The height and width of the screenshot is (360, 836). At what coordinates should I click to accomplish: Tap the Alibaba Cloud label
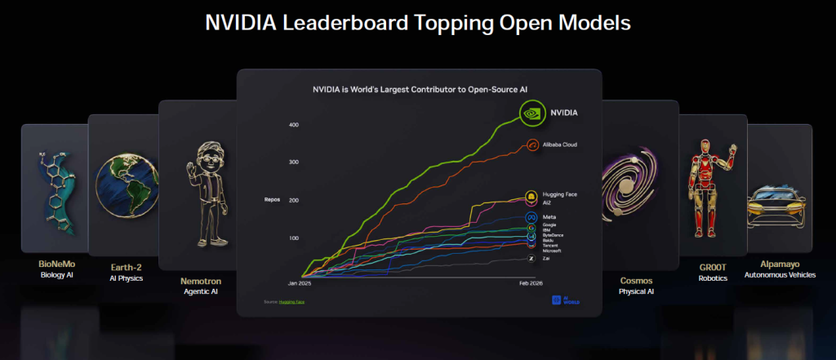point(560,144)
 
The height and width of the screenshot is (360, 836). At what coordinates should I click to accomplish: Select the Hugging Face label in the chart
point(559,194)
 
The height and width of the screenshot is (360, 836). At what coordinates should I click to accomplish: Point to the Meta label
point(549,216)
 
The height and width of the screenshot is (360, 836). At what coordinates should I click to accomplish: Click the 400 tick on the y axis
point(293,125)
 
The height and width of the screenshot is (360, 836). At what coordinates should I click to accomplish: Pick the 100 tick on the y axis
point(293,238)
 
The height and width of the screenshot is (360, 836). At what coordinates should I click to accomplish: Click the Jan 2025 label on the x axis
point(300,283)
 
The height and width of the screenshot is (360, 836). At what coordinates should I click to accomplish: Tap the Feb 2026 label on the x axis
point(531,283)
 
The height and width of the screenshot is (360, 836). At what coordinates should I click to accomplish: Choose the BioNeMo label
point(56,264)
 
